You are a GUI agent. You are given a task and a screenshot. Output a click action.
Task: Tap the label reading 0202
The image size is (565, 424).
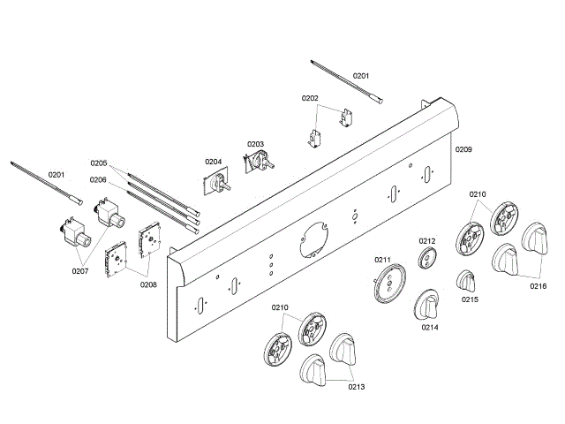[310, 98]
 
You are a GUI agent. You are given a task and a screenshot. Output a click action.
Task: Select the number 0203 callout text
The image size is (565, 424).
[255, 144]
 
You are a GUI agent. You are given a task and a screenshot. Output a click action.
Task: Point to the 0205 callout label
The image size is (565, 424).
[98, 163]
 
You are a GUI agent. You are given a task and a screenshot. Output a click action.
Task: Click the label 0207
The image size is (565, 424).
[81, 270]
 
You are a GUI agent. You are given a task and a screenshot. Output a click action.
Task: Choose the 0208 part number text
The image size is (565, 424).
[148, 284]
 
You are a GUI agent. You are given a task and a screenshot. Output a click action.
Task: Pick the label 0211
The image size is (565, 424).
[382, 260]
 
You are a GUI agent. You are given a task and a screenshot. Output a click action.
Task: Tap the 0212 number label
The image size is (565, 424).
[427, 241]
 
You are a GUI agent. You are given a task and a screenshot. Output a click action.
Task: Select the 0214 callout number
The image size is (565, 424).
[430, 327]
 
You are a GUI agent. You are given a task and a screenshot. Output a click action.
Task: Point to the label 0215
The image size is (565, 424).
[470, 299]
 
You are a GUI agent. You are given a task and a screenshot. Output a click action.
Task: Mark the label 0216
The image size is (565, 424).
[539, 286]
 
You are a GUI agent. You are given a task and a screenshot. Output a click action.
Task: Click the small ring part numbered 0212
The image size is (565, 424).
[427, 259]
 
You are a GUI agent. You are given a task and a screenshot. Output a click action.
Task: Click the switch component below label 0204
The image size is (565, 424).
[217, 183]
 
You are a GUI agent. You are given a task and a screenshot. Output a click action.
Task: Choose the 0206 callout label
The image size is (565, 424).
[98, 179]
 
